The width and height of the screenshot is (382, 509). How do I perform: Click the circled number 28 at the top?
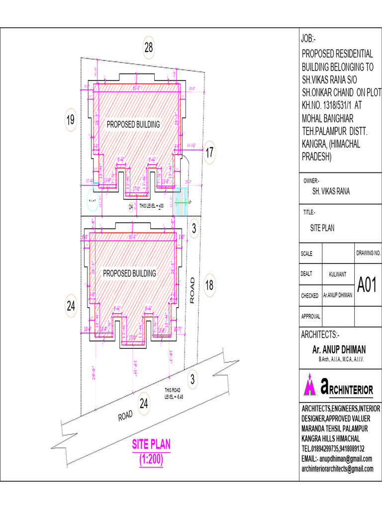149,48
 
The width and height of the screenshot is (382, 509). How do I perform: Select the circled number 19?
70,120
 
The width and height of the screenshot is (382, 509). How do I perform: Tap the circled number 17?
209,152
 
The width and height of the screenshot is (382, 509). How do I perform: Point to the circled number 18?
209,285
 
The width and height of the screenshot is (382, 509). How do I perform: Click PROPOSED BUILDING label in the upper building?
133,124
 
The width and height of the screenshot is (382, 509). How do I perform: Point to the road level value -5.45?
177,397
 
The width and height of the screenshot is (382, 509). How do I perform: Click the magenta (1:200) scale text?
151,460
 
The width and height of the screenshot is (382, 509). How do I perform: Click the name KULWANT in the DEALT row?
339,274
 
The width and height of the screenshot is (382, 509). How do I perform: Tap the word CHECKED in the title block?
309,296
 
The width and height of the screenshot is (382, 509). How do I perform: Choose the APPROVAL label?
311,316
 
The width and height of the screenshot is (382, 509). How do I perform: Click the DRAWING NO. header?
369,253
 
